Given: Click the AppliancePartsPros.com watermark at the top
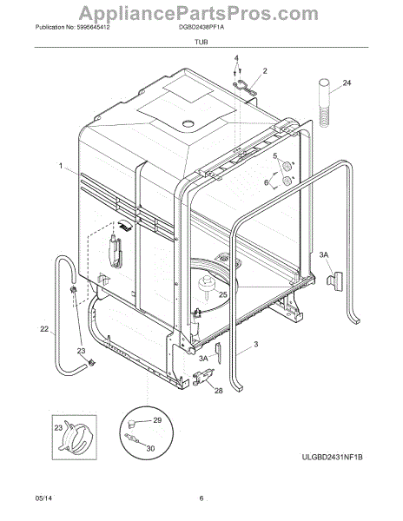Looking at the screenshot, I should click(201, 13).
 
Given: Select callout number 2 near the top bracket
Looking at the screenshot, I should click(265, 70).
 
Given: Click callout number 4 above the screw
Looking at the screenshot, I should click(235, 58).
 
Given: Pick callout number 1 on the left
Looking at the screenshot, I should click(61, 165).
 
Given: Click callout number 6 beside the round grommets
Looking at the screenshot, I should click(268, 182).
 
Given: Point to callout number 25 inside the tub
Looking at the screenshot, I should click(223, 294).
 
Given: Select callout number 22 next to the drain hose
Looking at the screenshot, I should click(44, 330).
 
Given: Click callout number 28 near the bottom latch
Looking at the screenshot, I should click(218, 392).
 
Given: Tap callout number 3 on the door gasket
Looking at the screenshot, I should click(257, 346).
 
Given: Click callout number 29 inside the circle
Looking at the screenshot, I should click(158, 420).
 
